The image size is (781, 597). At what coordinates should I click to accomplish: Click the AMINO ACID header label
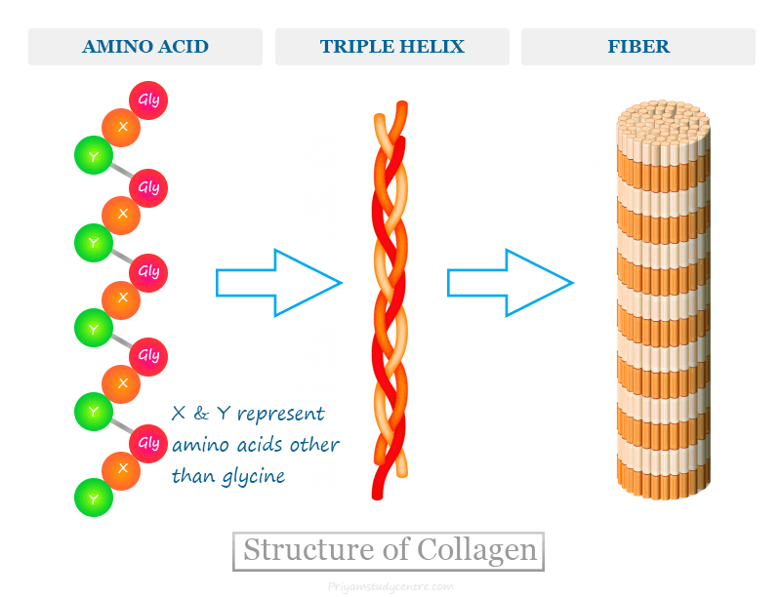pyautogui.click(x=144, y=47)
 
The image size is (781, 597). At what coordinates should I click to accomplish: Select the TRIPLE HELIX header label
pyautogui.click(x=391, y=47)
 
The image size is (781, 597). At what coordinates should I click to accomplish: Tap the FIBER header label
pyautogui.click(x=637, y=47)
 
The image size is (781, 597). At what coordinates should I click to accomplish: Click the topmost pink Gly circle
pyautogui.click(x=148, y=100)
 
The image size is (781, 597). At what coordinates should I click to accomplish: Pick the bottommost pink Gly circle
pyautogui.click(x=148, y=443)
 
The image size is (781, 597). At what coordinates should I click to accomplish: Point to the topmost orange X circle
pyautogui.click(x=122, y=127)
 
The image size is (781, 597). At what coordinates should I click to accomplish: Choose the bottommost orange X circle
pyautogui.click(x=122, y=469)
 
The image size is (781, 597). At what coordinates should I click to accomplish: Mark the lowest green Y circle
pyautogui.click(x=94, y=497)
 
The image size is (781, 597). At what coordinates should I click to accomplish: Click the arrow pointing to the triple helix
pyautogui.click(x=278, y=283)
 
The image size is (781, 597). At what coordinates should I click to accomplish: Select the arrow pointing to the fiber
pyautogui.click(x=510, y=283)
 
